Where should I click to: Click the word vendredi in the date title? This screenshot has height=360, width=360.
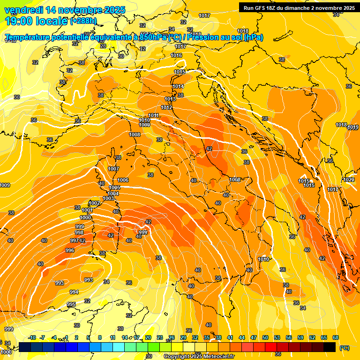[x=24, y=10]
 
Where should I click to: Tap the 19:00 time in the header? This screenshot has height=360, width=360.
[x=18, y=21]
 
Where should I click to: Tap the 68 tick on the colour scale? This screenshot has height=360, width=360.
[x=336, y=337]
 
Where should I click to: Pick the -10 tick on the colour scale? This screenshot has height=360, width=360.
[x=32, y=337]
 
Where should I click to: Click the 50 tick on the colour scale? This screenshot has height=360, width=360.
[x=265, y=337]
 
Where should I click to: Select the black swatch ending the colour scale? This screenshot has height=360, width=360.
[x=330, y=347]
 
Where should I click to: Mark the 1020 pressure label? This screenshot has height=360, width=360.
[x=349, y=180]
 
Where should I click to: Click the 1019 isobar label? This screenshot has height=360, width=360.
[x=353, y=127]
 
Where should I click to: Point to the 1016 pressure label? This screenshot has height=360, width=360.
[x=176, y=55]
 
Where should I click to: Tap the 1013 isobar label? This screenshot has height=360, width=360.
[x=170, y=99]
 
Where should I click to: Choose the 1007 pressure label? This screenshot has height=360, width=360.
[x=113, y=169]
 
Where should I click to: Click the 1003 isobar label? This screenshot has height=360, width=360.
[x=108, y=198]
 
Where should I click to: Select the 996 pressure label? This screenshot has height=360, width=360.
[x=70, y=250]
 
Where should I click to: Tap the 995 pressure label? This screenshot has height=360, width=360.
[x=71, y=304]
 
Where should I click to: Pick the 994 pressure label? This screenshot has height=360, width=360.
[x=74, y=292]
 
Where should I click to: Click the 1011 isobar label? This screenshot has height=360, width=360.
[x=153, y=115]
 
